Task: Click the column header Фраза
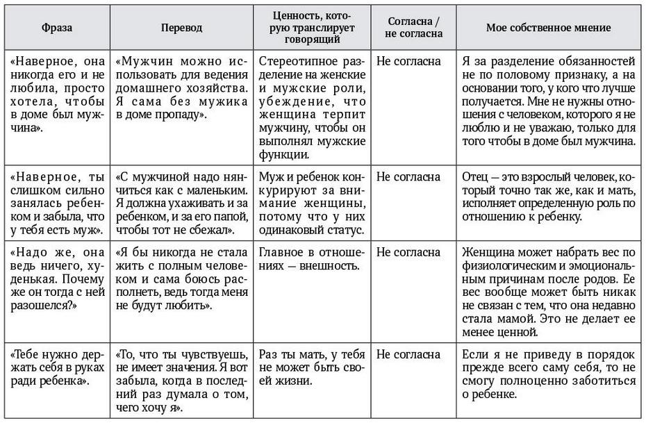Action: click(x=56, y=28)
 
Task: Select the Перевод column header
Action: click(x=181, y=28)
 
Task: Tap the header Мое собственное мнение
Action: click(x=548, y=28)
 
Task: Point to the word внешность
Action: click(x=326, y=265)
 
